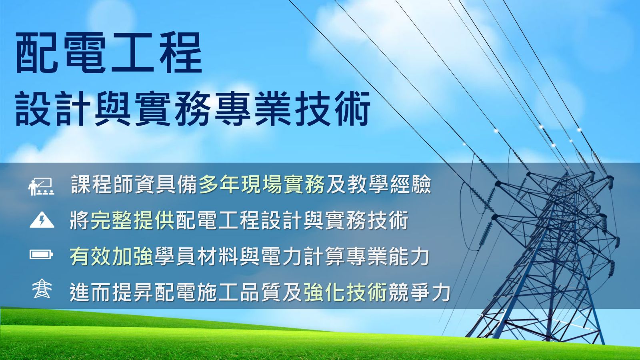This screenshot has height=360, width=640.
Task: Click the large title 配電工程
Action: pos(109,52)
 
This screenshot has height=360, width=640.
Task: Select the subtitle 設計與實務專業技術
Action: pos(193,108)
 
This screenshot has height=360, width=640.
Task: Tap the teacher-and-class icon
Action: pos(42,186)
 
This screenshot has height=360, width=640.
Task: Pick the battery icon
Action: pos(42,254)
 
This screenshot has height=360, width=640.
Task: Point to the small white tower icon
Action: pos(42,288)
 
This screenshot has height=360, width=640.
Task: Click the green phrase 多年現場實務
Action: pos(262,184)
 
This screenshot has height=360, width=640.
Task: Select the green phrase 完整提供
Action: pos(132,220)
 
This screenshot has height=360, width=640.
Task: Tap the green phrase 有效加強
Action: pos(112,256)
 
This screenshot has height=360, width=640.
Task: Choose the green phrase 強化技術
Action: pos(346,292)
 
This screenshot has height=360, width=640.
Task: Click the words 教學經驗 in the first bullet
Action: pos(389,184)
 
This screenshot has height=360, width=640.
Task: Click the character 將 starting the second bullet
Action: pos(80,220)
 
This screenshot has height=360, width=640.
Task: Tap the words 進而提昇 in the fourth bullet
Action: pos(112,292)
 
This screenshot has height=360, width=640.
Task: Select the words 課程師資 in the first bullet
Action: pos(113,184)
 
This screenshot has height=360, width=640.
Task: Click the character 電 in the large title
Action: pos(86,52)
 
